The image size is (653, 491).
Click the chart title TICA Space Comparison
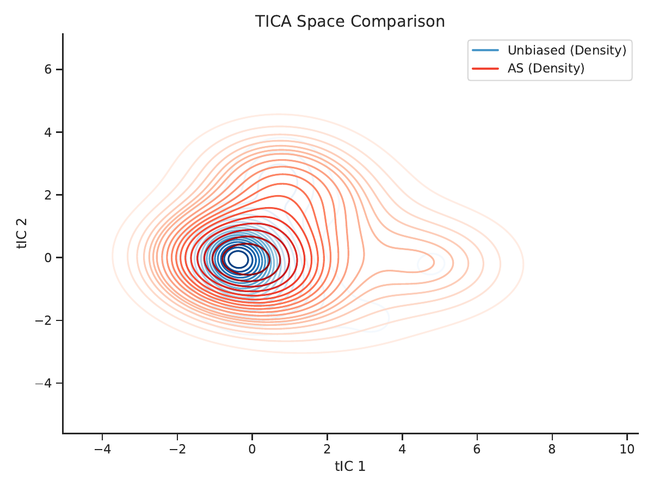coord(350,22)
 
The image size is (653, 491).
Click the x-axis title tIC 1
coord(350,466)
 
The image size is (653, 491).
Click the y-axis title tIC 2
coord(22,233)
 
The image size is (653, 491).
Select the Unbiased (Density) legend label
coord(566,50)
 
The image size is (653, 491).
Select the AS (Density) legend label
coord(546,69)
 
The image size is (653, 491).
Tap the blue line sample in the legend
coord(485,50)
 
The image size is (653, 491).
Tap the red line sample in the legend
coord(485,69)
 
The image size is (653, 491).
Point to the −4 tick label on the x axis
coord(102,448)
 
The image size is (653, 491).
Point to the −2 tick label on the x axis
coord(177,448)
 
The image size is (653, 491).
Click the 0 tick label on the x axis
coord(252,448)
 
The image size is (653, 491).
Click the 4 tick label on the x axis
coord(402,448)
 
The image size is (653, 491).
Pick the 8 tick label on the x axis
coord(552,448)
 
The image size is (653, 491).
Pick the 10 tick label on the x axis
coord(627,448)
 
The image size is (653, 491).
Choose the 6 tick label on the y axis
coord(48,69)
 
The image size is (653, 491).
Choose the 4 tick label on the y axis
coord(48,132)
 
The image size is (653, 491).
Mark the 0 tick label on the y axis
coord(48,257)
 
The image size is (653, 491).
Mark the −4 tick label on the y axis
coord(44,383)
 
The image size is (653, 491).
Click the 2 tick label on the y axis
coord(48,195)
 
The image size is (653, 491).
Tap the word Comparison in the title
coord(397,22)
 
